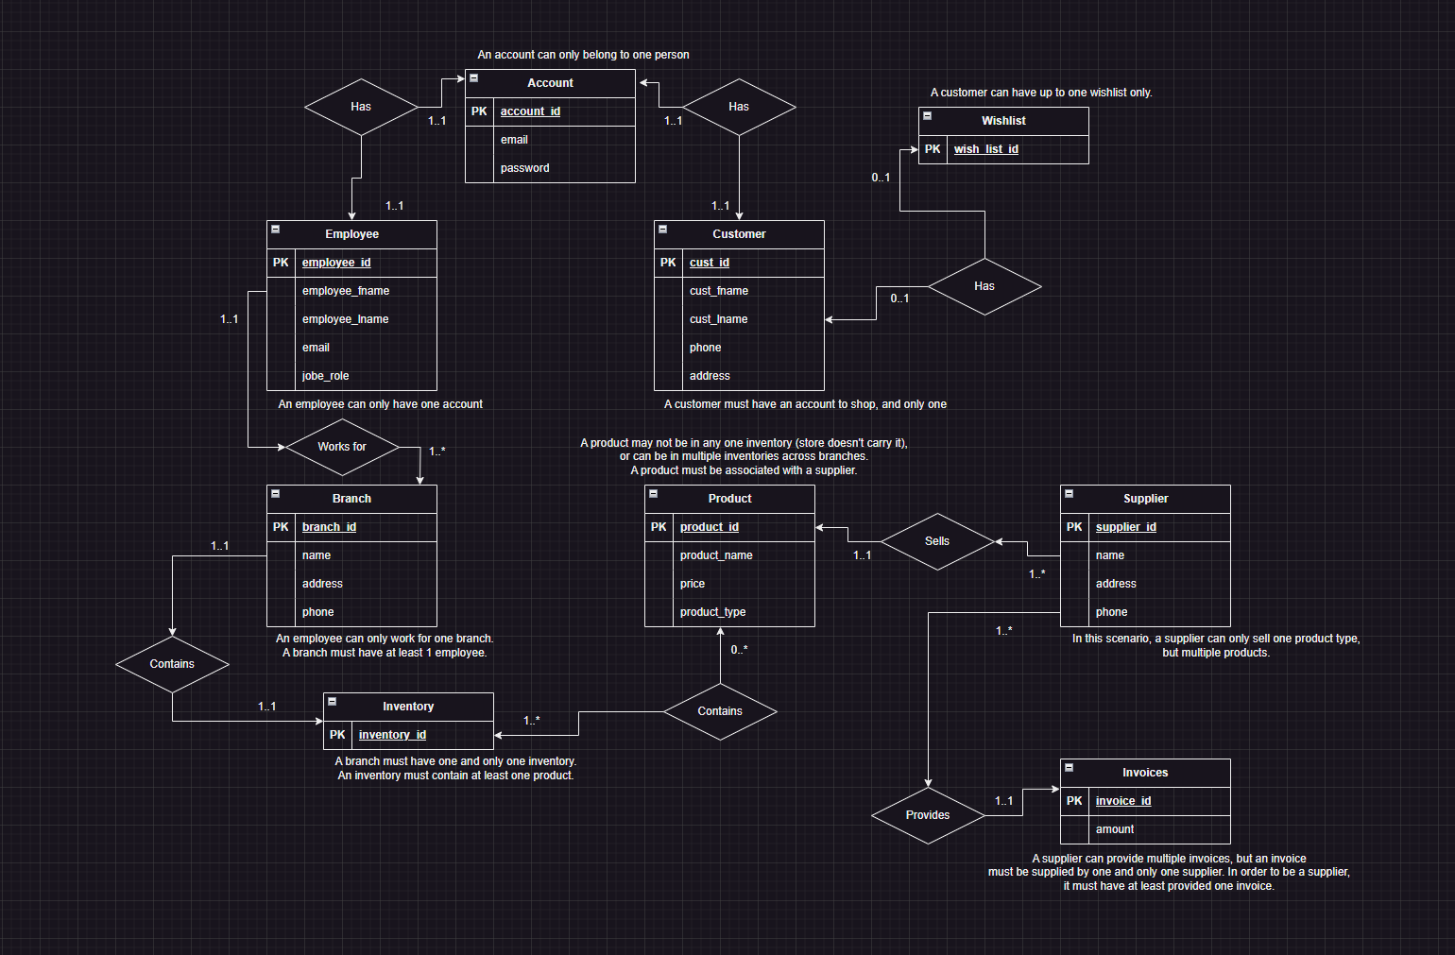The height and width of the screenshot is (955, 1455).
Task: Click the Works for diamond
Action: coord(342,447)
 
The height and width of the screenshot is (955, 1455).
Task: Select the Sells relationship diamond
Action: coord(937,541)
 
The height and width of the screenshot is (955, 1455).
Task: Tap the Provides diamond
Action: coord(928,815)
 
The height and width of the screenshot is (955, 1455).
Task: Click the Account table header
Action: coord(550,83)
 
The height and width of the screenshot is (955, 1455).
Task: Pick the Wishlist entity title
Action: coord(1003,121)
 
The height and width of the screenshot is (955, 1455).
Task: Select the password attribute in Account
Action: coord(524,168)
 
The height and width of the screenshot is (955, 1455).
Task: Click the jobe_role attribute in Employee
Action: coord(325,376)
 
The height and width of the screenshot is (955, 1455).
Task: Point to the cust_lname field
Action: coord(718,319)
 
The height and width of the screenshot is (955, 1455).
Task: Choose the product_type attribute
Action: coord(712,612)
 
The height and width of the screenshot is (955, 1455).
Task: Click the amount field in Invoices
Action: coord(1115,829)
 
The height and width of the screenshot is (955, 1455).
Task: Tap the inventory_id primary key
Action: coord(392,735)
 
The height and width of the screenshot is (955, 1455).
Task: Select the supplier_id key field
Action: coord(1125,527)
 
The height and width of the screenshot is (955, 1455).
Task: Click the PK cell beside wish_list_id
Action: coord(933,149)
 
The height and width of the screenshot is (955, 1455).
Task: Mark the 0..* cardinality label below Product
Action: coord(739,650)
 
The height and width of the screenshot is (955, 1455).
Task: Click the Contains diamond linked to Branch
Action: coord(172,664)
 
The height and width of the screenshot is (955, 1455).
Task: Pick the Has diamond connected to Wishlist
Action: coord(984,286)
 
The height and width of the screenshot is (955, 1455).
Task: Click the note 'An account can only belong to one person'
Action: coord(583,55)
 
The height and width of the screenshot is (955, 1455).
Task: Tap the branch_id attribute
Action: coord(329,527)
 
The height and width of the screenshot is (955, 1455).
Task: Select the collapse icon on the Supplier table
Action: coord(1069,494)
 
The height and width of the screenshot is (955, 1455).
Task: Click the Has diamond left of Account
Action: coord(361,107)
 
